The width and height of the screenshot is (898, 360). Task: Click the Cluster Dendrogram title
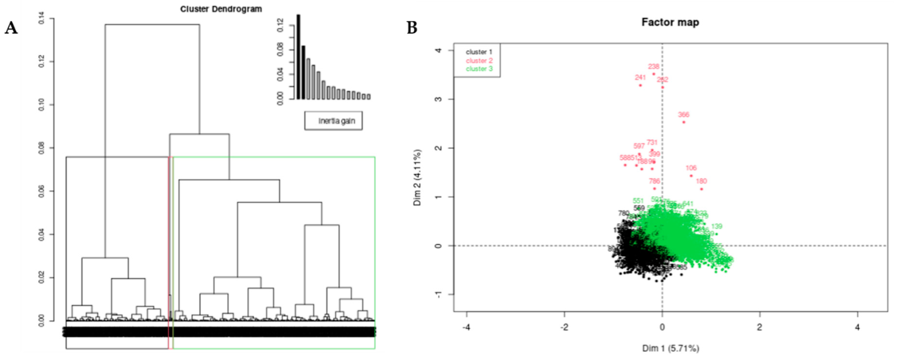221,9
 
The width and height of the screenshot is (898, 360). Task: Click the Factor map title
670,22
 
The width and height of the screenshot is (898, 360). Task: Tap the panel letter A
11,28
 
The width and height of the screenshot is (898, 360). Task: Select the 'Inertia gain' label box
333,121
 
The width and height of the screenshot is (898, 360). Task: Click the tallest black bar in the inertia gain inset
298,57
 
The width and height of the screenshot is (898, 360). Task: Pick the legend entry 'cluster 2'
479,60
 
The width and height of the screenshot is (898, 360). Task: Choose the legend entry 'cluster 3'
479,69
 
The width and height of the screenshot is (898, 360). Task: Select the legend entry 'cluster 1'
479,52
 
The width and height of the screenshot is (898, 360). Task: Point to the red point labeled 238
654,74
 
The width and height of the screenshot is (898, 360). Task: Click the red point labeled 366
684,122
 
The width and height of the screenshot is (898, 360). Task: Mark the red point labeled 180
701,189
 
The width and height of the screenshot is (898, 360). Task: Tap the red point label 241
640,77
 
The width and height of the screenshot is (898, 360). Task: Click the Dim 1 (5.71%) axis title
670,348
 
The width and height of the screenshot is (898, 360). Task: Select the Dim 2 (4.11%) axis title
417,178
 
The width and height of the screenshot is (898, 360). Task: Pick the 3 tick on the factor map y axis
439,99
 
